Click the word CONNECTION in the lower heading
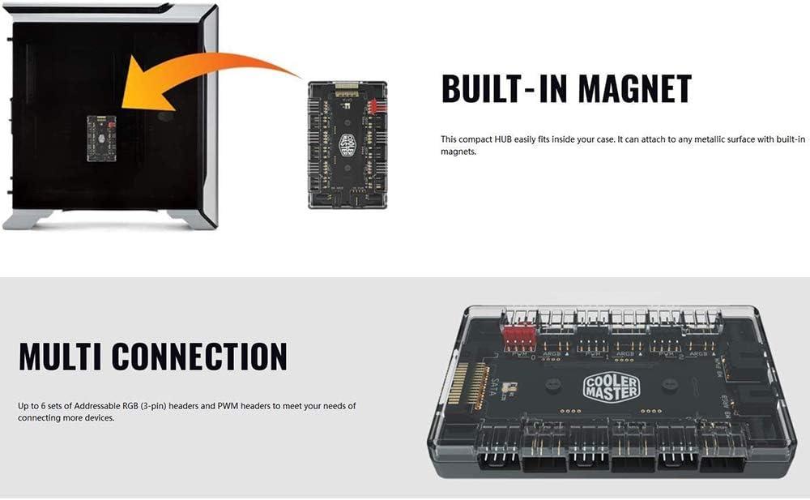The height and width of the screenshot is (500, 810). [x=199, y=357]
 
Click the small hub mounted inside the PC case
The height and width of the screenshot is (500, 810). [x=101, y=138]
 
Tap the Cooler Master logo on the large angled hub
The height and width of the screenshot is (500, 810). [x=611, y=387]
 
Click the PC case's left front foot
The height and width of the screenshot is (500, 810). [x=28, y=219]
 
